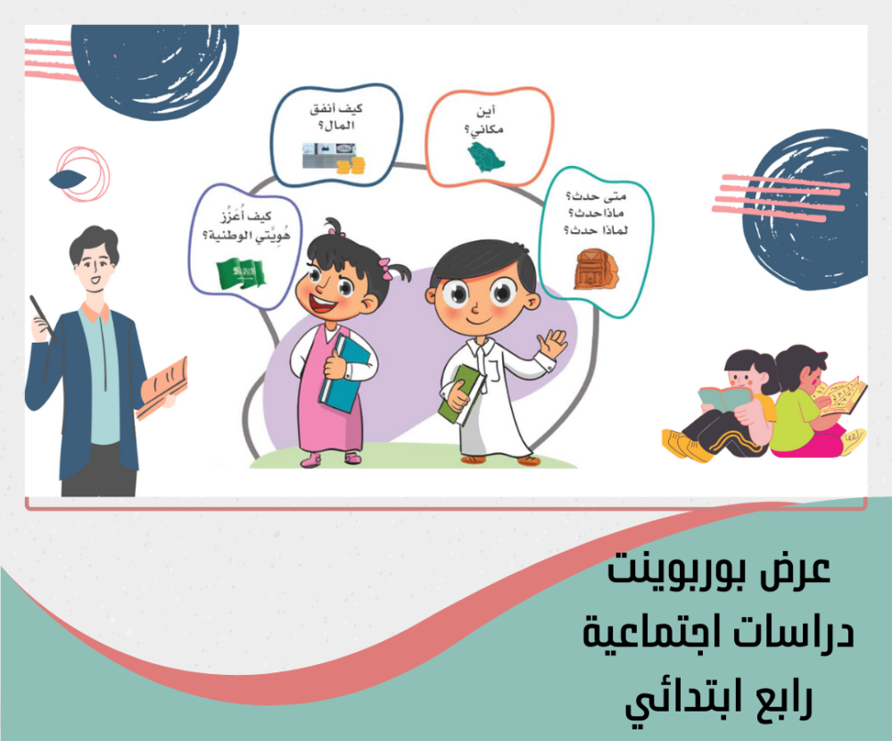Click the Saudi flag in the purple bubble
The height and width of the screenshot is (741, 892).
241,273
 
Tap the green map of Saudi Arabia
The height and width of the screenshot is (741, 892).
486,157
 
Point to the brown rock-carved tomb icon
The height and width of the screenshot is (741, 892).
595,269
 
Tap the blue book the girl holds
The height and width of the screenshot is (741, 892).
344,373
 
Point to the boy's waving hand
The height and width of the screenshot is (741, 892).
551,344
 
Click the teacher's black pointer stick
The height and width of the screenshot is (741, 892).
43,319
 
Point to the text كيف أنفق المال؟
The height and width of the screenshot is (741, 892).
336,117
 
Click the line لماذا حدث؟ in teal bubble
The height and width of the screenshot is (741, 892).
596,230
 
